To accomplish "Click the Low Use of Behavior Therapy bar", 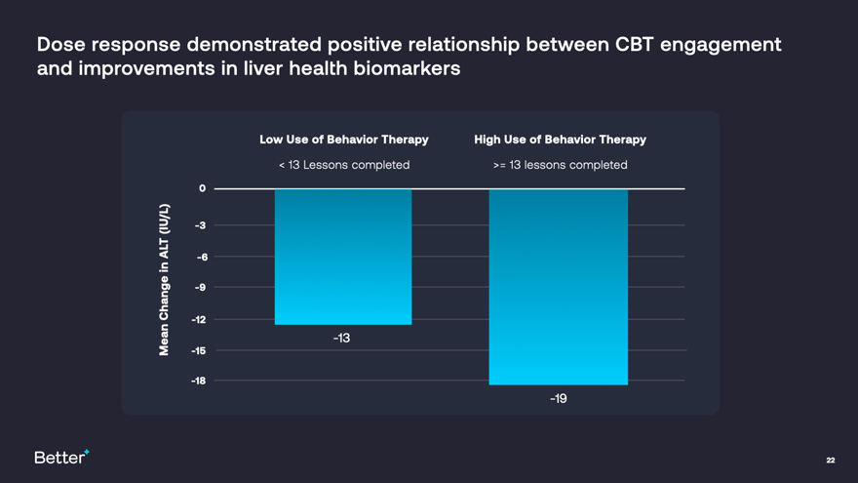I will coord(343,257).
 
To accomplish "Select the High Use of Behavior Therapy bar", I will coord(558,287).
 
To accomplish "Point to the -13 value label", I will coord(341,338).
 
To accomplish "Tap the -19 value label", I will coord(558,398).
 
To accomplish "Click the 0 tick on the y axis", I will coord(202,188).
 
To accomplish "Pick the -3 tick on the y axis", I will coord(200,225).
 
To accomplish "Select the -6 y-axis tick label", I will coord(201,257).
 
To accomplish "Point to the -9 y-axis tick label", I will coord(200,288).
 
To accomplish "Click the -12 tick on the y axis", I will coord(199,319).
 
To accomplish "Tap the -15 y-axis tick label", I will coord(199,350).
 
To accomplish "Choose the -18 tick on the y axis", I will coord(199,381).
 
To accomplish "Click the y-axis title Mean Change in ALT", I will coord(164,280).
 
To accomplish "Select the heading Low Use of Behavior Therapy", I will coord(343,140).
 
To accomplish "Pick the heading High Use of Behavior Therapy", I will coord(560,140).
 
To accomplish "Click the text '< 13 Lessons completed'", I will coord(343,165).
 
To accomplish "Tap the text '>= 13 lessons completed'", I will coord(560,165).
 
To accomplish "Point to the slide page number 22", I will coord(830,460).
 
